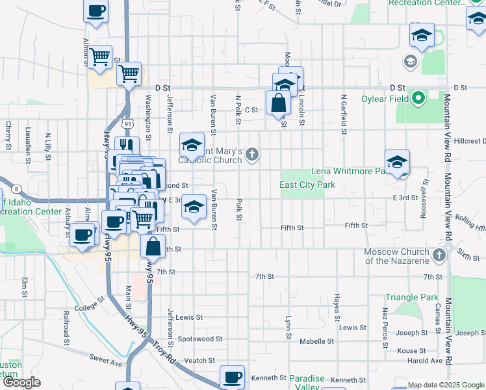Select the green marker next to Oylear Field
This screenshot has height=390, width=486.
click(x=418, y=99)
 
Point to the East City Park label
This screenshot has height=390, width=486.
click(x=307, y=185)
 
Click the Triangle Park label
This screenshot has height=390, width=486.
click(x=412, y=297)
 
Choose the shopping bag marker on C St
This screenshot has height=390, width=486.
click(x=278, y=103)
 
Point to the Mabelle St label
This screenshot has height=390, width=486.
click(x=316, y=341)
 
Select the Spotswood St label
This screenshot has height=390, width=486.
click(x=200, y=339)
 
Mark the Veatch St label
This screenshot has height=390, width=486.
click(x=199, y=360)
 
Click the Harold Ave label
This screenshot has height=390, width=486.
click(x=426, y=361)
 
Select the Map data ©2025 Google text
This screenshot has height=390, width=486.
click(x=445, y=385)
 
